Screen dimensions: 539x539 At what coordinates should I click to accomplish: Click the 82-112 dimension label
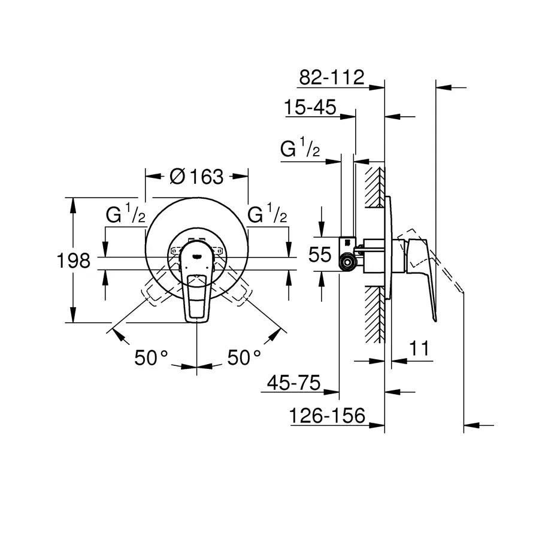[331, 77]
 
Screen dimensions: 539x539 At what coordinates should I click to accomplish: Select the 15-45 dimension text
[310, 108]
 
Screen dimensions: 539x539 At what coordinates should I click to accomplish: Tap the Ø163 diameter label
[196, 177]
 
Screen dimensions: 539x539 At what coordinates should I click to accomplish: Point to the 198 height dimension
[74, 261]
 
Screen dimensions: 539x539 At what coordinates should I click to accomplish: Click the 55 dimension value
[320, 255]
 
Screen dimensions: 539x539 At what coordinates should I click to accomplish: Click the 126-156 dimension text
[328, 416]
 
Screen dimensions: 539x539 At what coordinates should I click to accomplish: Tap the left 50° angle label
[151, 358]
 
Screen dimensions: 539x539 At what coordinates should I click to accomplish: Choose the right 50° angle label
[244, 358]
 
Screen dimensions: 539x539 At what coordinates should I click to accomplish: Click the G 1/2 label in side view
[300, 149]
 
